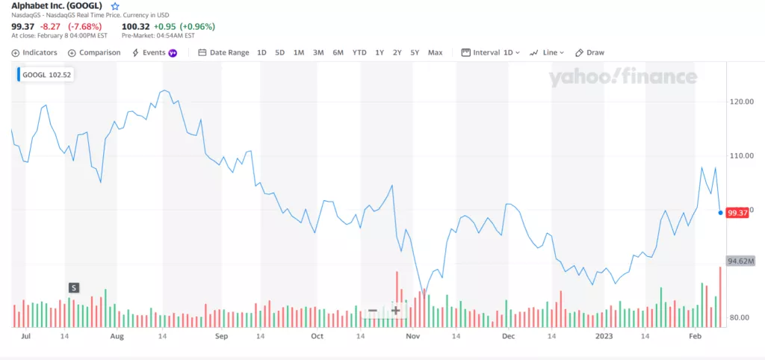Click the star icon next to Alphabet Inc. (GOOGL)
tap(115, 6)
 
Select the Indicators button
tap(35, 53)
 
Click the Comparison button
tap(94, 53)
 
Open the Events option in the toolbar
tap(154, 53)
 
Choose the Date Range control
tap(223, 53)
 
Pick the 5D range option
tap(280, 53)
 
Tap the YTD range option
tap(359, 53)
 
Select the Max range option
tap(435, 53)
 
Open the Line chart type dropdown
tap(547, 53)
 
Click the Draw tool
tap(590, 53)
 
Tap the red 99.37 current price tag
tap(737, 213)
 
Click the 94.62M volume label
tap(740, 261)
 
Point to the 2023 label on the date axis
tap(604, 337)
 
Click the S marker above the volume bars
tap(73, 288)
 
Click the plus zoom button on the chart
tap(396, 311)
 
